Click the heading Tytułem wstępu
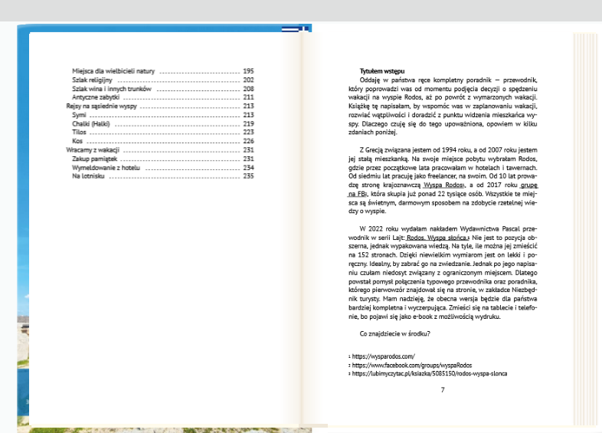tap(382, 71)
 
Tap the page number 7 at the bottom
tap(443, 389)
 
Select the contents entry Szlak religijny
tap(92, 80)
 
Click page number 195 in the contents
tap(248, 71)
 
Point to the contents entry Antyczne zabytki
tap(97, 97)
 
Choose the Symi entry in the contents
tap(80, 115)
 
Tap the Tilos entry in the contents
tap(80, 133)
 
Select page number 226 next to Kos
tap(248, 141)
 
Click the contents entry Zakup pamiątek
tap(93, 159)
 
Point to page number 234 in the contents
tap(248, 167)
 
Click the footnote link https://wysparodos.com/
tap(383, 356)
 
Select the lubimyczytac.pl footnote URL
tap(429, 374)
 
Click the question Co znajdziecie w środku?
tap(394, 333)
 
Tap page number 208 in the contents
tap(248, 88)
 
